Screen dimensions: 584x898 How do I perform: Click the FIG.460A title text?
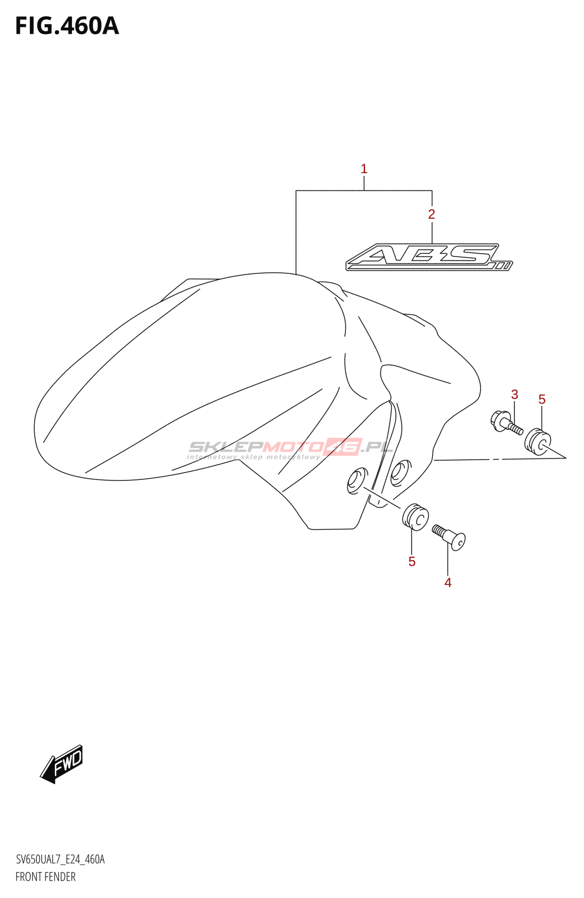[67, 26]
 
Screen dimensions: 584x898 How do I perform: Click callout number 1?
[364, 169]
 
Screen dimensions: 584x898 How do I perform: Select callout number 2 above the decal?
[431, 214]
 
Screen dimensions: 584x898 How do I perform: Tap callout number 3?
[514, 395]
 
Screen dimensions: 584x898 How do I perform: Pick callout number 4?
[448, 583]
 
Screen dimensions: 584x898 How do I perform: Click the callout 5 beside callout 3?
[542, 400]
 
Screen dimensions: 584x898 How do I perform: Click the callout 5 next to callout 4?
[412, 562]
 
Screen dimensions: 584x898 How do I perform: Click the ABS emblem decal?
[429, 258]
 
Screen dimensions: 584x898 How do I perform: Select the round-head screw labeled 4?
[449, 536]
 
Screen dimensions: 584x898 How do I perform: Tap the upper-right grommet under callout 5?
[537, 441]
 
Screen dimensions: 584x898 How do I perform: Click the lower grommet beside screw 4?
[416, 516]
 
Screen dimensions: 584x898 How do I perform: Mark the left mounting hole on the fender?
[357, 480]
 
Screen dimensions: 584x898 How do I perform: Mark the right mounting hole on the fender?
[400, 472]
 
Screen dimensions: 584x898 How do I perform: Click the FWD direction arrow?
[62, 764]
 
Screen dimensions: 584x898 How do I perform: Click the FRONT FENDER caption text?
[45, 877]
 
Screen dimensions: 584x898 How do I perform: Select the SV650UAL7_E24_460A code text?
[60, 859]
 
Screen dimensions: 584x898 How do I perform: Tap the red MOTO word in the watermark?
[294, 447]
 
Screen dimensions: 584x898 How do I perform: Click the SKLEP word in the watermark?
[225, 447]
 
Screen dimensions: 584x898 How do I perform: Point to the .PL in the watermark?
[377, 447]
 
